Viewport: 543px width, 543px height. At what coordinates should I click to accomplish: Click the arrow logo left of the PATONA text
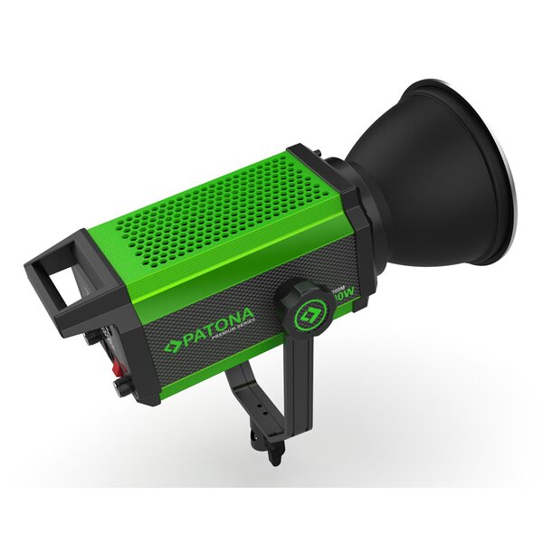coord(171,347)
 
